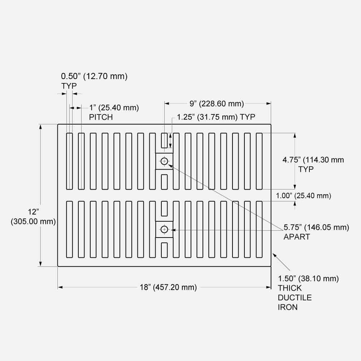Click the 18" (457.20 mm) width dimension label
pyautogui.click(x=168, y=287)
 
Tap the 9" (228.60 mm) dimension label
pyautogui.click(x=217, y=104)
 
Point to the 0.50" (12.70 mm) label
pyautogui.click(x=94, y=76)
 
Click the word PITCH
pyautogui.click(x=101, y=117)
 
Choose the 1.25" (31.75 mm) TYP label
pyautogui.click(x=216, y=117)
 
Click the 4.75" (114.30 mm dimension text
pyautogui.click(x=313, y=160)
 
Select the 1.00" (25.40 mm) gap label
pyautogui.click(x=303, y=196)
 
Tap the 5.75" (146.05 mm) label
pyautogui.click(x=316, y=227)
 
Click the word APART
pyautogui.click(x=297, y=237)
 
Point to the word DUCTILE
pyautogui.click(x=295, y=298)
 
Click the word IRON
pyautogui.click(x=288, y=307)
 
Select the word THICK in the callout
pyautogui.click(x=290, y=288)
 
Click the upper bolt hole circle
pyautogui.click(x=165, y=161)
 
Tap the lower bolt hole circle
pyautogui.click(x=165, y=229)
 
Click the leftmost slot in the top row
pyautogui.click(x=69, y=161)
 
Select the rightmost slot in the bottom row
pyautogui.click(x=259, y=229)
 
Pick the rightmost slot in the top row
pyautogui.click(x=259, y=161)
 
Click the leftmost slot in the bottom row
pyautogui.click(x=69, y=229)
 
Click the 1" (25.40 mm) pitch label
pyautogui.click(x=114, y=108)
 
